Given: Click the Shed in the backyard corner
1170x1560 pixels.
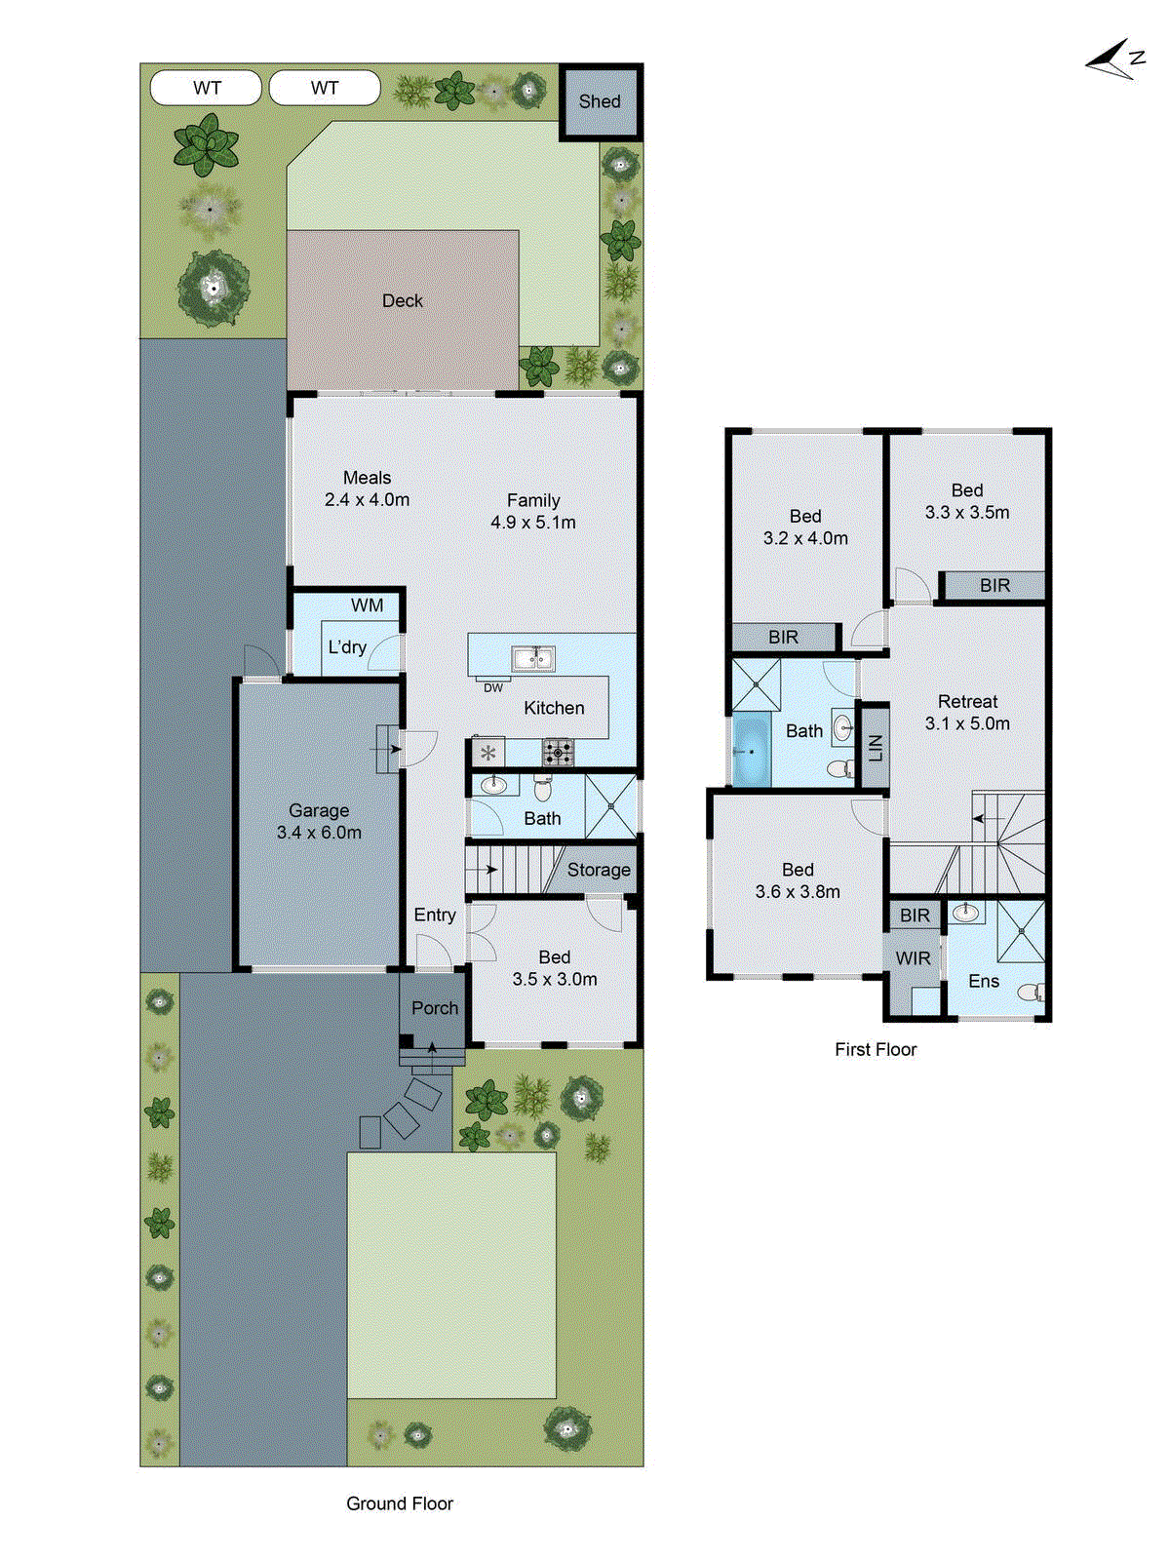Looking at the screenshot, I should (x=600, y=101).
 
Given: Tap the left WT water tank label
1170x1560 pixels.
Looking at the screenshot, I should (x=207, y=88).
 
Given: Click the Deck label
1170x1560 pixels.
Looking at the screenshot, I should (x=403, y=301).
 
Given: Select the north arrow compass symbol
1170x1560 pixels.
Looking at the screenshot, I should (x=1114, y=60).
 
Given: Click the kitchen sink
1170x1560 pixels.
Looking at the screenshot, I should (x=533, y=659).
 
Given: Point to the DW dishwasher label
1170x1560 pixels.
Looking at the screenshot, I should (x=493, y=687).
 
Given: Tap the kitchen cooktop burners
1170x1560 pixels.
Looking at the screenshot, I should (x=559, y=752).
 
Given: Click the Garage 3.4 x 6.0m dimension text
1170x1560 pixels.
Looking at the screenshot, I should (x=319, y=833).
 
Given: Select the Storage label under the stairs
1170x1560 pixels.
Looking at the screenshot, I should (x=599, y=870).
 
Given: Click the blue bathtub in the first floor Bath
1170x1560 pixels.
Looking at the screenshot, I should (x=751, y=752).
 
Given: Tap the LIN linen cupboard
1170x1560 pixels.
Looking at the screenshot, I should (x=875, y=747).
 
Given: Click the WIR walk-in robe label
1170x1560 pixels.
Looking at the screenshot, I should (x=914, y=958).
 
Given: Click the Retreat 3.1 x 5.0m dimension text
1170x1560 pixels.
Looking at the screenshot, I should (x=967, y=723).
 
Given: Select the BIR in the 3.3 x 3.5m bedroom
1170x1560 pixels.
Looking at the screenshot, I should (x=994, y=585).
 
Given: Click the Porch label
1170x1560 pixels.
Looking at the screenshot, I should (x=435, y=1008).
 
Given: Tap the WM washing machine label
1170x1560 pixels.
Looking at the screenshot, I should (x=368, y=605).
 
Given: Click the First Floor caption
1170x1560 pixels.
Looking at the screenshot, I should (x=876, y=1049).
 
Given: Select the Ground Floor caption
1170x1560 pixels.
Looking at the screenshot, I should (x=400, y=1503).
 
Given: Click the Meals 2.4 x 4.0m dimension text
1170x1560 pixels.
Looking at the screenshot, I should (x=367, y=500).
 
